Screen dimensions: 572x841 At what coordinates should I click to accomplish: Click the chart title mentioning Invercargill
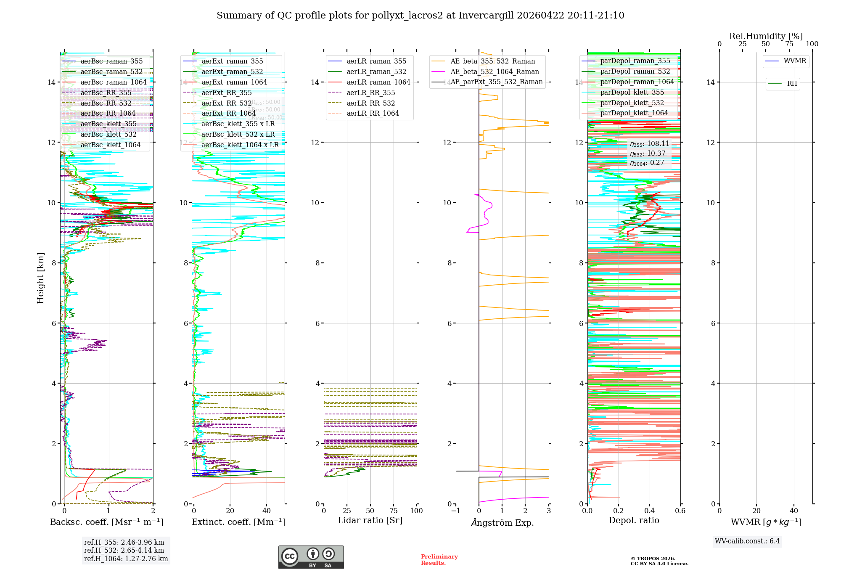point(420,16)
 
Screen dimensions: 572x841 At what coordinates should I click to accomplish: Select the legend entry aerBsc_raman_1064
point(114,82)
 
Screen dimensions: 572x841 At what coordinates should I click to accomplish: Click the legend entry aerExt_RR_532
point(226,103)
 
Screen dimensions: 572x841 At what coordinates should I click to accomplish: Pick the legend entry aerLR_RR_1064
point(373,113)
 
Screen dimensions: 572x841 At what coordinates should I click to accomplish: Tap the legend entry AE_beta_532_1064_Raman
point(495,71)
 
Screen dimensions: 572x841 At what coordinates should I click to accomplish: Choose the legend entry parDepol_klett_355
point(632,92)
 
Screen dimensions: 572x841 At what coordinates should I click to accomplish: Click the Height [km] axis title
point(40,278)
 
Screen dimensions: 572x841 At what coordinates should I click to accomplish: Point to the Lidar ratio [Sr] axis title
point(370,520)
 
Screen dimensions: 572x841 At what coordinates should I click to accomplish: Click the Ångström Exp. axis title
point(502,522)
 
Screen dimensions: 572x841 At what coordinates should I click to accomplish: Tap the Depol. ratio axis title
point(634,520)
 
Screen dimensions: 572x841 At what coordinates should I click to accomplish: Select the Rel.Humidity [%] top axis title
point(766,36)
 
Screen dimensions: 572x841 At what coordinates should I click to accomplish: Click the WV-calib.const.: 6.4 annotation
point(747,541)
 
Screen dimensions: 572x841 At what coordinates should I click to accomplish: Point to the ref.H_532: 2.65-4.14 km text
point(124,550)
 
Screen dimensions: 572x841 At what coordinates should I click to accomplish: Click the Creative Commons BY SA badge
point(311,557)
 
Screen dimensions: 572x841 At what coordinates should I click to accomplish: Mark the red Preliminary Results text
point(439,559)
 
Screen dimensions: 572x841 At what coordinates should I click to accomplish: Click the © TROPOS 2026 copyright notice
point(659,561)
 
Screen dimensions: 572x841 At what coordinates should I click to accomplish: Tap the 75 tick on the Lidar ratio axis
point(394,511)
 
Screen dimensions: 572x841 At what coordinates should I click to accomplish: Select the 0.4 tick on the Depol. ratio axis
point(649,511)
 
